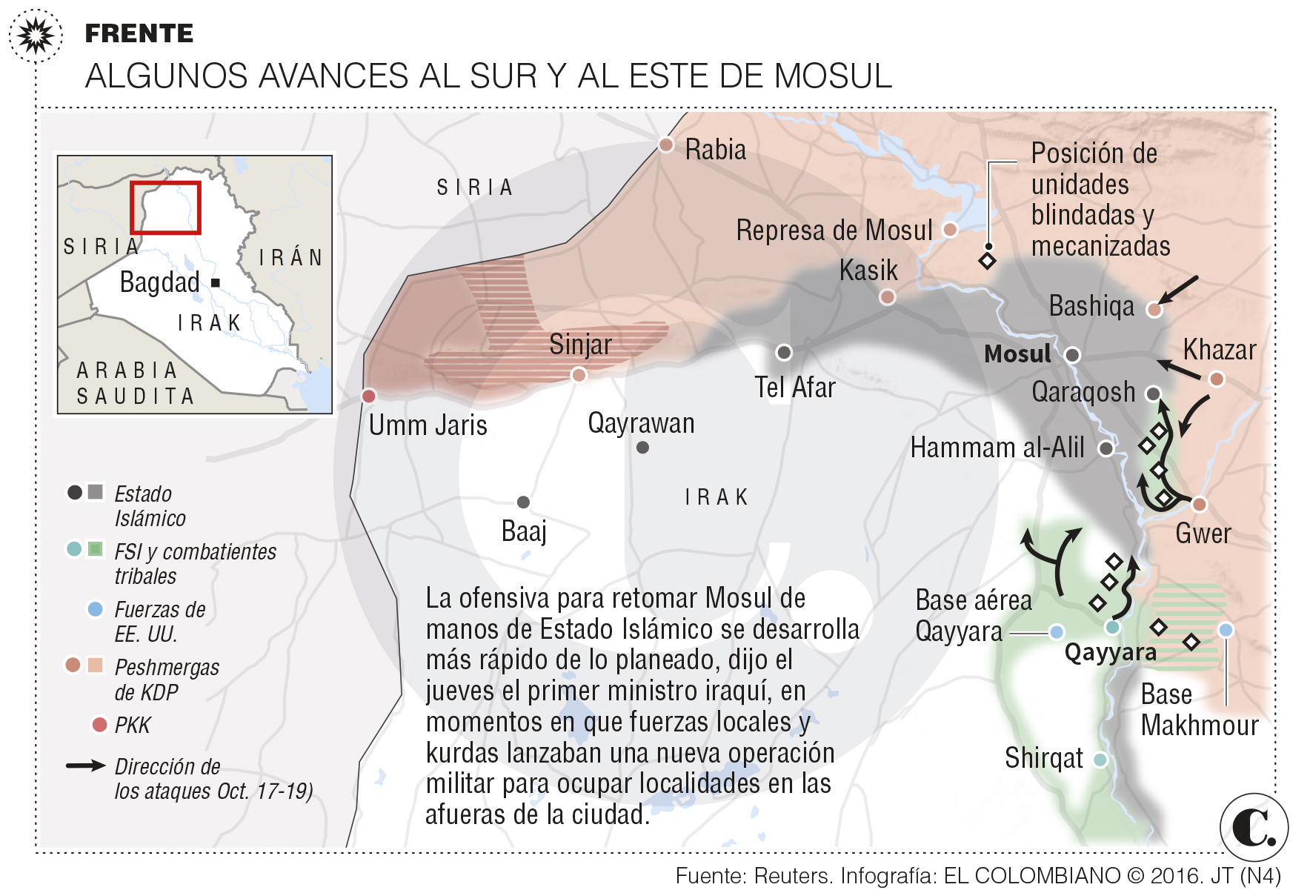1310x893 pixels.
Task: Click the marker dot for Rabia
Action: click(x=665, y=145)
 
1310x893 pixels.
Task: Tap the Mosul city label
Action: click(x=1017, y=354)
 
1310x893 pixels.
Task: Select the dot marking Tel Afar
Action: click(x=783, y=353)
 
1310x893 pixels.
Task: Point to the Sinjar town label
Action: click(x=580, y=345)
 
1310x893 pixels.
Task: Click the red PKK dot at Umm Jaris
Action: click(x=368, y=396)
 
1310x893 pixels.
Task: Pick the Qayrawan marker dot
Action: click(x=642, y=448)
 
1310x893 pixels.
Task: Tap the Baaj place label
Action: click(x=524, y=531)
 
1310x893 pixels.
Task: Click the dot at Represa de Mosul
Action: click(x=949, y=230)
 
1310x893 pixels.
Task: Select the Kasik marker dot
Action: click(x=887, y=297)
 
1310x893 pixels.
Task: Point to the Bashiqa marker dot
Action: click(x=1154, y=309)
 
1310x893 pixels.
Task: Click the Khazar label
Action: click(x=1219, y=350)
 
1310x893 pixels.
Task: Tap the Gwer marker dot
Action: click(x=1199, y=505)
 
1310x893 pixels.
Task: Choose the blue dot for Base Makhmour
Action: click(x=1226, y=630)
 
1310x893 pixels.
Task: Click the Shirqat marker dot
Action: click(x=1100, y=760)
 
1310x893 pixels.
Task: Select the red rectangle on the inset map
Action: click(x=165, y=208)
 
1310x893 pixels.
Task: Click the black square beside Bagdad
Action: click(x=216, y=282)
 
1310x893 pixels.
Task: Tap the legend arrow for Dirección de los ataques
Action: click(x=85, y=766)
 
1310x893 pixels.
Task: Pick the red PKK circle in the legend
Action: click(x=99, y=724)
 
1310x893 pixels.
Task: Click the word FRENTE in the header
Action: click(x=139, y=33)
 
